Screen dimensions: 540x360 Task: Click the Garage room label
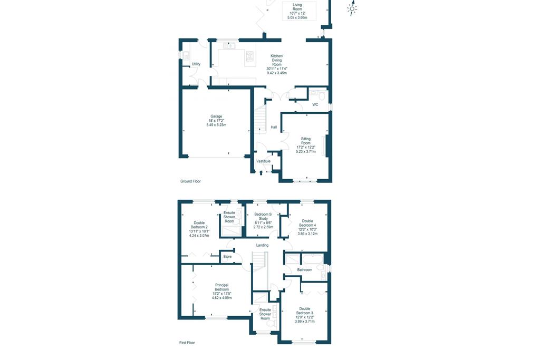(x=216, y=121)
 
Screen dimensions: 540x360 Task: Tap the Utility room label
(x=196, y=64)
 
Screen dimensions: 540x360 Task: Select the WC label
(x=315, y=105)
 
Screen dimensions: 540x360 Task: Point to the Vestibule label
(x=264, y=161)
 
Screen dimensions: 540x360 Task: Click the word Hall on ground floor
(x=274, y=128)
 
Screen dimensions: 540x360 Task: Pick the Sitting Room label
(x=306, y=145)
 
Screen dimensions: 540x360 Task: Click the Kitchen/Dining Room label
(x=277, y=64)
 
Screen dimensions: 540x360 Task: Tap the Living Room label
(x=297, y=11)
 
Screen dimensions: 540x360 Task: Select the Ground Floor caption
(x=190, y=181)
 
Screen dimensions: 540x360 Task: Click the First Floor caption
(x=187, y=343)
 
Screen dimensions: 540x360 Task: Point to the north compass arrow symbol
(x=352, y=8)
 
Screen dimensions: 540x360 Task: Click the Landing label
(x=263, y=246)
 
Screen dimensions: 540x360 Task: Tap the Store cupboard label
(x=227, y=257)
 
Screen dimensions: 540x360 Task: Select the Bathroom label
(x=305, y=270)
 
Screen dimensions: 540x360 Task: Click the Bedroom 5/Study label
(x=263, y=221)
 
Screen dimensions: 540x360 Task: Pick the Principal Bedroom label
(x=222, y=291)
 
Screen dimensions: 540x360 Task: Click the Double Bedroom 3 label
(x=305, y=315)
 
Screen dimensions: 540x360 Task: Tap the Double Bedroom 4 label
(x=307, y=227)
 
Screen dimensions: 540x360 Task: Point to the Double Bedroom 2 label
(x=199, y=229)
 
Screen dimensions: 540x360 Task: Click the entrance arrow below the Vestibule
(x=261, y=173)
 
